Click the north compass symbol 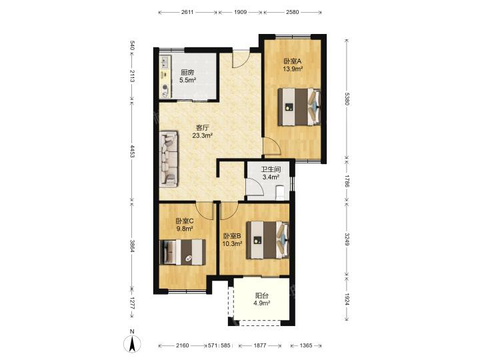(132, 343)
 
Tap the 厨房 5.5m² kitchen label (187, 77)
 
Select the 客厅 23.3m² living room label (203, 131)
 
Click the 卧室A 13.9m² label (293, 65)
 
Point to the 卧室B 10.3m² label (233, 240)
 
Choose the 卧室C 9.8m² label (184, 225)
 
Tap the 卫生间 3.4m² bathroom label (271, 173)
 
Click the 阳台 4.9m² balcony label (262, 299)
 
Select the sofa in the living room (169, 159)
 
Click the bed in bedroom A (299, 107)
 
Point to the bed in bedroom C (183, 252)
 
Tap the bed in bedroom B (268, 240)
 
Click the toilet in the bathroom (280, 193)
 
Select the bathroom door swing (255, 186)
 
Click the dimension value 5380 (347, 99)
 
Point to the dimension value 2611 (187, 12)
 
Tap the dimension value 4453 (132, 151)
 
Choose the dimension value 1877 (259, 345)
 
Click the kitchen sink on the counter (165, 62)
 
